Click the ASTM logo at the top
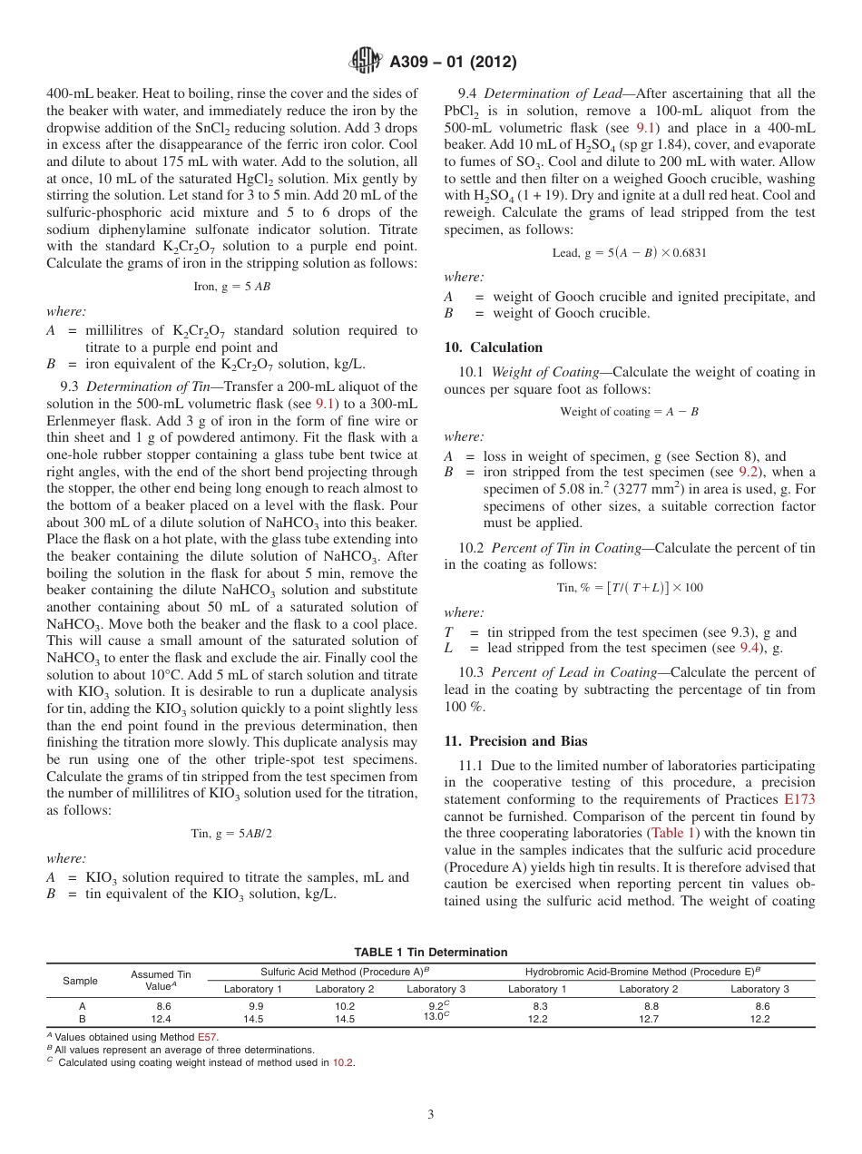pos(366,62)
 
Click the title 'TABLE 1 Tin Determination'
pos(430,952)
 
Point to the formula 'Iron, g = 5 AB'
pos(231,286)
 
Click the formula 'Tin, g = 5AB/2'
pos(231,834)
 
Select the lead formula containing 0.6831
pos(629,253)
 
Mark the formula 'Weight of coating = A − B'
pos(629,412)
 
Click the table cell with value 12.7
pos(648,1019)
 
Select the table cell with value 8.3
pos(537,1006)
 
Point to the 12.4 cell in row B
pos(162,1019)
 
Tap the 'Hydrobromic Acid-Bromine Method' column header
pos(647,971)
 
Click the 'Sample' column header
pos(80,981)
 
